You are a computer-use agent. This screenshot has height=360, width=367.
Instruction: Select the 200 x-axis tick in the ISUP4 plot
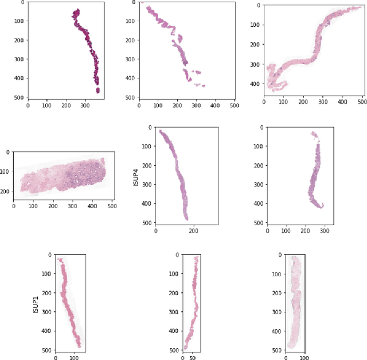click(x=193, y=231)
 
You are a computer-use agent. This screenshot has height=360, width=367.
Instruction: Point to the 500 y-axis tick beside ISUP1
click(x=46, y=350)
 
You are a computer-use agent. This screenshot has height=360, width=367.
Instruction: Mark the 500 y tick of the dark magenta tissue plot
click(x=18, y=97)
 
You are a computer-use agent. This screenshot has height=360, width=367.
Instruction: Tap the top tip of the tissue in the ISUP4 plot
click(x=161, y=132)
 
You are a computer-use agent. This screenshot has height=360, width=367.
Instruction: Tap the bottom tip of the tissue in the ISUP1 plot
click(x=79, y=346)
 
